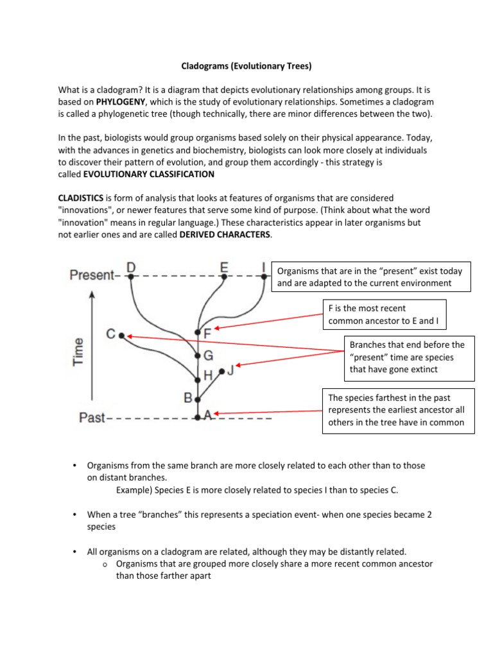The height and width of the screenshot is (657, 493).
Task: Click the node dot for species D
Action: (130, 277)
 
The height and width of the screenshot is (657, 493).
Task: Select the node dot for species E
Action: (223, 277)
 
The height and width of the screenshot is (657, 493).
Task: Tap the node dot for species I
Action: (264, 277)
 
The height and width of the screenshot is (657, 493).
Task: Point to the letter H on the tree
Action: (208, 375)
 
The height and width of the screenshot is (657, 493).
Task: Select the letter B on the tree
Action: (189, 398)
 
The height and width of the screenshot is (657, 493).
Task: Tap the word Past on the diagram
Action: (92, 418)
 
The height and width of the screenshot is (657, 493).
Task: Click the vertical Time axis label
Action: (79, 352)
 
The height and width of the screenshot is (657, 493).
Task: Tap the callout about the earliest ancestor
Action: (399, 410)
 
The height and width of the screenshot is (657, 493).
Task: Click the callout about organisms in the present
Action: (372, 277)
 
